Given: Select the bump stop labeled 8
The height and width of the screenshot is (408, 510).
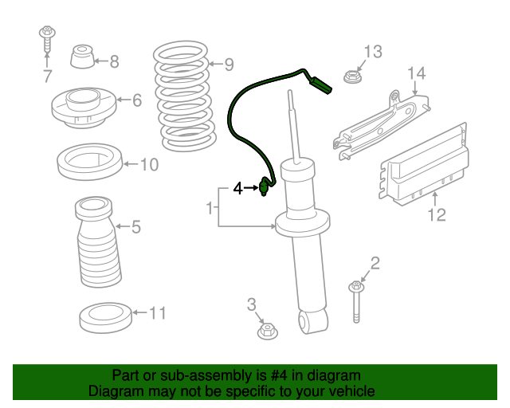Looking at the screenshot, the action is point(82,57).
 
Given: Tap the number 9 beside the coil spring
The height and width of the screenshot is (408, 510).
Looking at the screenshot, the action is point(229,65).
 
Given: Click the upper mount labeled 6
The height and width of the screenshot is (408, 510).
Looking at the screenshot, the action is point(84,108).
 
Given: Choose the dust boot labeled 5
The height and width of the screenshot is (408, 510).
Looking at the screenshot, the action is point(97,241).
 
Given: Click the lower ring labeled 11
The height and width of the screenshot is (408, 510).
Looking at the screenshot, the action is point(106,318).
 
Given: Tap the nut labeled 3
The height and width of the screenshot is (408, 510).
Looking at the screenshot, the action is point(268,331).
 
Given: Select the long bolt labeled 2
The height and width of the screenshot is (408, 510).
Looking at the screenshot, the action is point(356,301).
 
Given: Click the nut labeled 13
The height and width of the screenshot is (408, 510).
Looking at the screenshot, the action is point(353,76).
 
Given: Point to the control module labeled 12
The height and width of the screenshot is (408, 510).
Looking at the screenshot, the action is point(425,165).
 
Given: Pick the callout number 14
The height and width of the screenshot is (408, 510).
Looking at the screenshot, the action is point(416,73).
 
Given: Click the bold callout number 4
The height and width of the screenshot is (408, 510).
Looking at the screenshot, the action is point(238,188).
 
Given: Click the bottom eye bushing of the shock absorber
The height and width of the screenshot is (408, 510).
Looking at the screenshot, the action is point(313,321).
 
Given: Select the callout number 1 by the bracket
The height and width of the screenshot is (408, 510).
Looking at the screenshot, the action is point(210,207).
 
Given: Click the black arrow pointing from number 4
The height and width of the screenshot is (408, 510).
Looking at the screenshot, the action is point(251,188).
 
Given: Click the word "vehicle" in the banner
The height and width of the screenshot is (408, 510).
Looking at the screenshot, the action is point(354,390).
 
